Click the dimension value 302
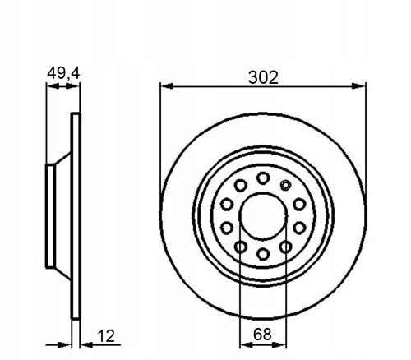263,77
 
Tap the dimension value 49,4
63,73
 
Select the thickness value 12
106,335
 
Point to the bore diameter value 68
262,335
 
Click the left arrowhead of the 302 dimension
167,86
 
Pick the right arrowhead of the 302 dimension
358,86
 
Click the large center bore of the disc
263,216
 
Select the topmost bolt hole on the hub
263,178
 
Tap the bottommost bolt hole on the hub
263,254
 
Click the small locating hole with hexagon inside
285,185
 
